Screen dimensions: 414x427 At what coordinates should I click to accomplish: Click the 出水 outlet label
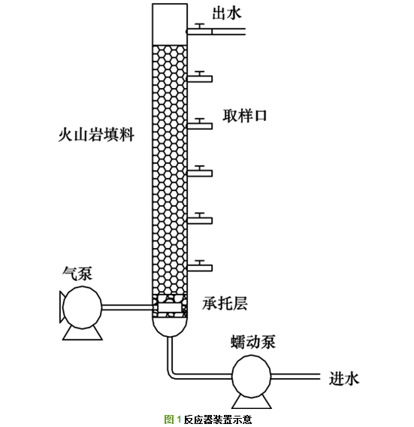point(227,13)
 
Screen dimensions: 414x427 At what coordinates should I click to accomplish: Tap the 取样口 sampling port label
point(245,116)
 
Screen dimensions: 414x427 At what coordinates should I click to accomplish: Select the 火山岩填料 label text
point(96,135)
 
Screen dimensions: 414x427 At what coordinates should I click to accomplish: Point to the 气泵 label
point(77,274)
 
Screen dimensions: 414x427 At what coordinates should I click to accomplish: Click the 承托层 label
point(225,304)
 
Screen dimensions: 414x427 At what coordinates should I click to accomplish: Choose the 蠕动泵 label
point(253,342)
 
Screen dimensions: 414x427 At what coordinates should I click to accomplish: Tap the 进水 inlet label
point(344,379)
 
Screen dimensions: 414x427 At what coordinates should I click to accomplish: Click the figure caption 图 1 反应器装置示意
point(208,419)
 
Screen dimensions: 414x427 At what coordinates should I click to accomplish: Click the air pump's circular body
point(82,307)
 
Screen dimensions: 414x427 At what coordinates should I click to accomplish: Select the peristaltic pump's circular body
point(252,376)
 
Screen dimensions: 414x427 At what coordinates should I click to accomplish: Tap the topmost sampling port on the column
point(200,77)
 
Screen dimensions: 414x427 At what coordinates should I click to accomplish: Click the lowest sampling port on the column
point(200,266)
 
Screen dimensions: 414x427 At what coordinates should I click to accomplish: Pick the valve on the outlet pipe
point(201,26)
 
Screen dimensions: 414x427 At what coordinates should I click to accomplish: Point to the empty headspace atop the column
point(170,24)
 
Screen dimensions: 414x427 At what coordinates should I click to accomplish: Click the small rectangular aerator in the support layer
point(169,307)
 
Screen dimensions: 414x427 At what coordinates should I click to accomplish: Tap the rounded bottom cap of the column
point(170,327)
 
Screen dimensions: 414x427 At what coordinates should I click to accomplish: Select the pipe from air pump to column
point(128,307)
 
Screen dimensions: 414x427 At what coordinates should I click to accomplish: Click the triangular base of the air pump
point(82,334)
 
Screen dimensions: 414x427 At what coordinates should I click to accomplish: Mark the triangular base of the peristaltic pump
point(252,402)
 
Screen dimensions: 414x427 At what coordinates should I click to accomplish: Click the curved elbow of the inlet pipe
point(171,375)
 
